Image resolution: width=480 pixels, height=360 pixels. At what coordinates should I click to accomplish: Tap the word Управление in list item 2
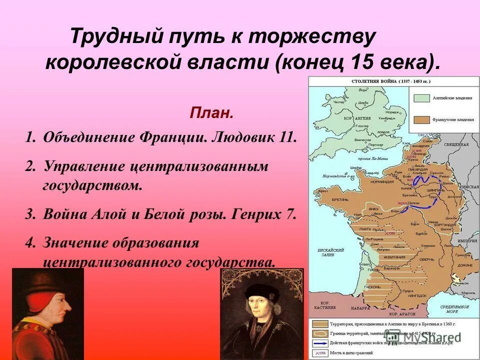[x=85, y=166]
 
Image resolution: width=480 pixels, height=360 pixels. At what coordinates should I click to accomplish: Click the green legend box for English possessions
[x=420, y=98]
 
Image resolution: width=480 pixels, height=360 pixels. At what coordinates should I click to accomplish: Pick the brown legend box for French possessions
[x=420, y=120]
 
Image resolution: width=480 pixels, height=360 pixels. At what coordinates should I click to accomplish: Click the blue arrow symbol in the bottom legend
[x=320, y=343]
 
